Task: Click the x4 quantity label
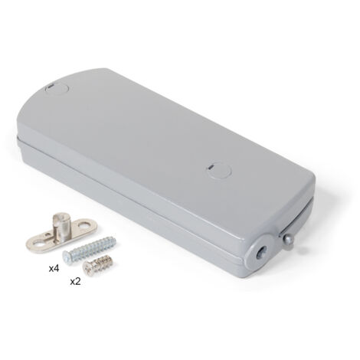click(x=54, y=269)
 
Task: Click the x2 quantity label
click(x=75, y=282)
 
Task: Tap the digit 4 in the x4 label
click(x=57, y=269)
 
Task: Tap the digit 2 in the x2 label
click(x=78, y=282)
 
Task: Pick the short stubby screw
click(x=97, y=265)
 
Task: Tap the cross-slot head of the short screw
click(x=87, y=270)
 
